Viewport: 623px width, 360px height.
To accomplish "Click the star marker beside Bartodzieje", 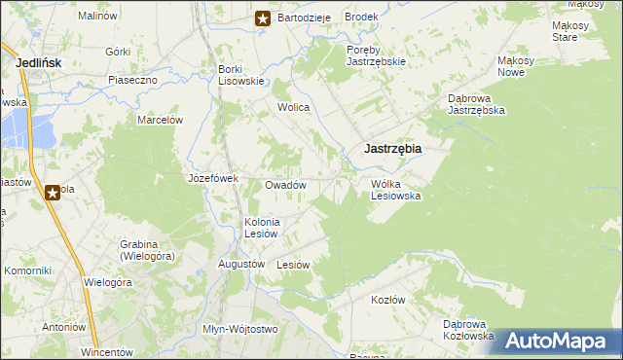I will point(263,18).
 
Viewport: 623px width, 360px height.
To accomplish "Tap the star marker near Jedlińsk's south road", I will point(53,193).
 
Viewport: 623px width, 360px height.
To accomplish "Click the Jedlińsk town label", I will point(40,63).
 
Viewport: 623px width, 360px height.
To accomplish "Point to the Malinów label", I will point(96,17).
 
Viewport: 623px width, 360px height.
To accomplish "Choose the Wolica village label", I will point(293,107).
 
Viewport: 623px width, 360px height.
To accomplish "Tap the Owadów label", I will point(286,185).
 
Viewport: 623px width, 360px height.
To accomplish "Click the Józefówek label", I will point(212,179).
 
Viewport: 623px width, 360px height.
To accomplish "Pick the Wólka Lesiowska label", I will point(395,189).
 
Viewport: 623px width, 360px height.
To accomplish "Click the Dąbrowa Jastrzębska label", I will point(475,104).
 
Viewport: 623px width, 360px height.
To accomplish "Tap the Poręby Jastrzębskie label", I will point(376,54).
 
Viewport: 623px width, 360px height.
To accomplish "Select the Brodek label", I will point(360,18).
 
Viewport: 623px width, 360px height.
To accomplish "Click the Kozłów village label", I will point(387,300).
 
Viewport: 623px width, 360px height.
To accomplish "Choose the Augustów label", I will point(241,264).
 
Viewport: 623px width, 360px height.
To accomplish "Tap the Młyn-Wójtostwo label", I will point(239,329).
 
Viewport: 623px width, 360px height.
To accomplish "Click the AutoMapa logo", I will point(558,341).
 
